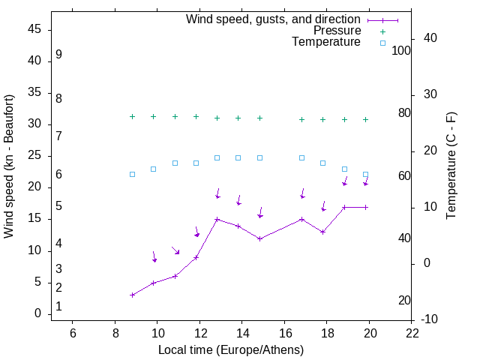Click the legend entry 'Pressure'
coord(337,31)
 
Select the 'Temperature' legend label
coord(326,42)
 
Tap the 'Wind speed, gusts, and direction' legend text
coord(274,19)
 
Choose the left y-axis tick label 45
coord(34,29)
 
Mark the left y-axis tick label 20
coord(34,187)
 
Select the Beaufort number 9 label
coord(58,55)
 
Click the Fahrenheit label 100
coord(401,51)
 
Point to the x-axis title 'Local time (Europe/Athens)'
coord(231,349)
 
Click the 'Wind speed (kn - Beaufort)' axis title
coord(9,166)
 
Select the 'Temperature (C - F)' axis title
coord(451,166)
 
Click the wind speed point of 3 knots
coord(132,295)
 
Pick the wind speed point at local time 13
coord(217,219)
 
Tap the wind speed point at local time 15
coord(259,238)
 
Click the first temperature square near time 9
coord(132,174)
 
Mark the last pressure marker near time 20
coord(365,119)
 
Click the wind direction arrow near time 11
coord(175,250)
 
